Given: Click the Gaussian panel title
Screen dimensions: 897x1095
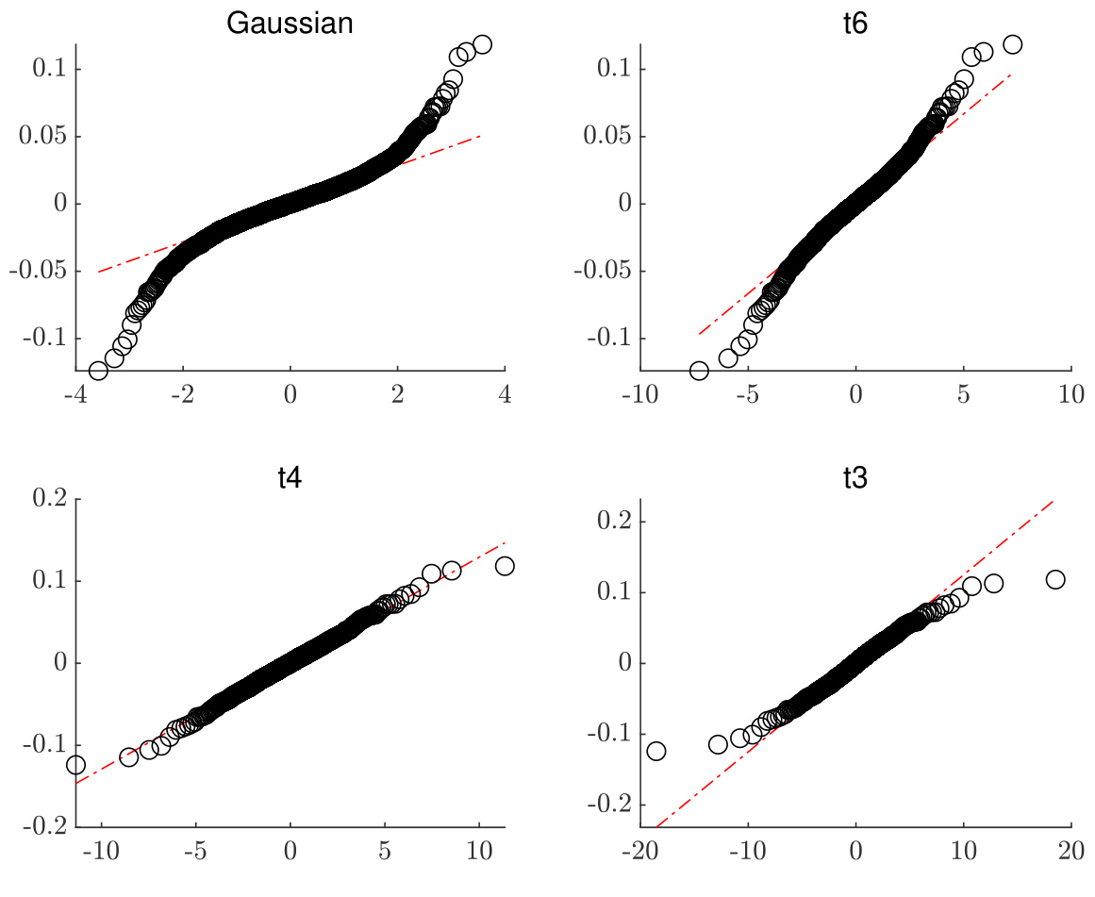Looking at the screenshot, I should (290, 24).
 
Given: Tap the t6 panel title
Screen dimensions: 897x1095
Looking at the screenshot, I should (855, 24).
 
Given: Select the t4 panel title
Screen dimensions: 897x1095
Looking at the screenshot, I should (290, 478).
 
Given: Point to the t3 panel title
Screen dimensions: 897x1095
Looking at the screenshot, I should (855, 478).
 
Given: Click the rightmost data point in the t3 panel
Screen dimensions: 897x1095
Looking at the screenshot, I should (1055, 579).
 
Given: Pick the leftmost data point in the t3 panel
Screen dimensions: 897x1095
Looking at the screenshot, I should (656, 751).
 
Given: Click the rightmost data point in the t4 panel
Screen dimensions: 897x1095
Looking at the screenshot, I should (505, 566).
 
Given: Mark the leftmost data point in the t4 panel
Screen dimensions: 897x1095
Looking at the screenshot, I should (75, 765).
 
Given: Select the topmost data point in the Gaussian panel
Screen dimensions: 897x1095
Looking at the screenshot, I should (483, 44).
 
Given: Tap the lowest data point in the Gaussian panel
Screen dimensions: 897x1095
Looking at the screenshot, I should (98, 371).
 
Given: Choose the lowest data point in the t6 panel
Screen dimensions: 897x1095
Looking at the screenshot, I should (699, 371).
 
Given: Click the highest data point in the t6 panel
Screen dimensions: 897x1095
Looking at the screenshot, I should (1013, 44).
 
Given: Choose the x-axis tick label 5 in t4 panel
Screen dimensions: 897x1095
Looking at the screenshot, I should (385, 851).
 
